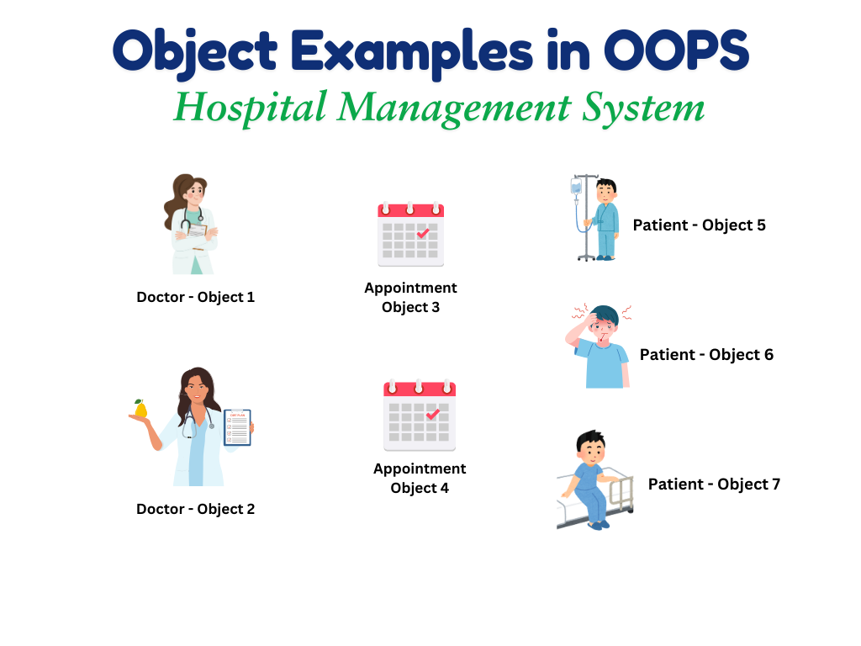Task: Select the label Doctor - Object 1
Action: (x=195, y=297)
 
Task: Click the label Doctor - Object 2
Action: (x=195, y=509)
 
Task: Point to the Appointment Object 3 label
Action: (x=410, y=298)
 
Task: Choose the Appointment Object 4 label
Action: (x=420, y=478)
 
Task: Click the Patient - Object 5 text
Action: (x=699, y=225)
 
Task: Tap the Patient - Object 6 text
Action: (x=706, y=355)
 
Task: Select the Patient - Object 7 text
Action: (x=714, y=484)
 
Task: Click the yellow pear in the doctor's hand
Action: (x=140, y=409)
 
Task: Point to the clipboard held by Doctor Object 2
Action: (x=237, y=427)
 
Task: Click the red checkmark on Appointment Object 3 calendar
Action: (x=423, y=233)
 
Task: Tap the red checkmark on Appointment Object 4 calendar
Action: (x=432, y=414)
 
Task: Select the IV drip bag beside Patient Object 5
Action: (x=576, y=187)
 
